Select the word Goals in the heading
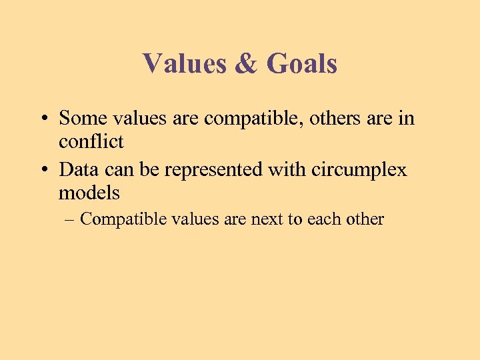click(x=301, y=64)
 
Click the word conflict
click(x=91, y=141)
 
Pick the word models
click(x=89, y=193)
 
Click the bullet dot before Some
click(x=42, y=119)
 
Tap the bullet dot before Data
click(x=42, y=171)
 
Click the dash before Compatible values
click(x=70, y=220)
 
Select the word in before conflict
click(x=407, y=118)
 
